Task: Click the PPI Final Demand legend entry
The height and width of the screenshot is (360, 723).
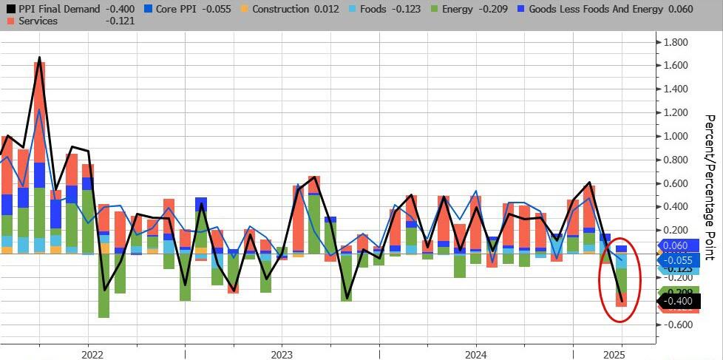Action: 55,10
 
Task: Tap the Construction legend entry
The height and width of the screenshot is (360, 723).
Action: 294,10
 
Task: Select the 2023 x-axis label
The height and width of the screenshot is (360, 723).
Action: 281,353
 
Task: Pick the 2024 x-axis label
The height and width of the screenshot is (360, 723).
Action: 475,353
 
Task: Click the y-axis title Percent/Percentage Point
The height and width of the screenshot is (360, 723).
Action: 709,187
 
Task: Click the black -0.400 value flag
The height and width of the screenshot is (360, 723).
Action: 678,301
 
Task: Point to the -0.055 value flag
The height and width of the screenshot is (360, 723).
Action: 678,260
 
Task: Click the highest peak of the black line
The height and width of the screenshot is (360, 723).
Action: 39,58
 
